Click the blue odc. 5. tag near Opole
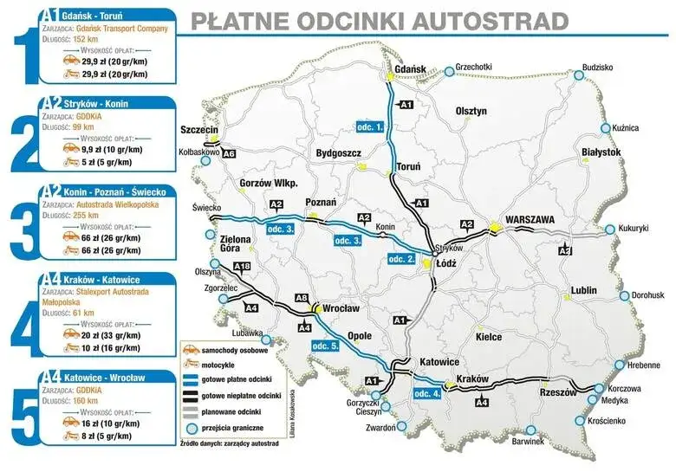(325, 346)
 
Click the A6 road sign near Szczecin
(229, 154)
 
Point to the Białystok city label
(601, 152)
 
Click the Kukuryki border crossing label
(634, 229)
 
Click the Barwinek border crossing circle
(530, 430)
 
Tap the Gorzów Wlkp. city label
(269, 184)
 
